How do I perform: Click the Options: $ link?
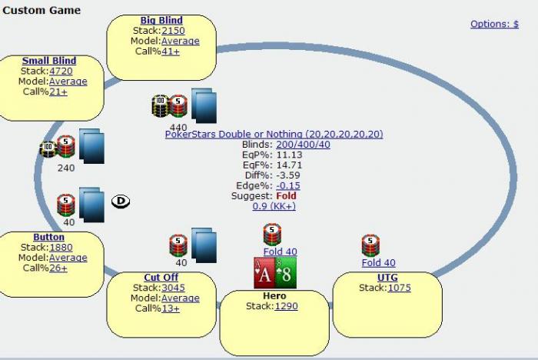click(494, 24)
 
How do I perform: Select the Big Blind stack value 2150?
click(173, 31)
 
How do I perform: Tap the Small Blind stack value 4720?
click(61, 71)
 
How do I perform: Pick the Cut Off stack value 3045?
click(173, 288)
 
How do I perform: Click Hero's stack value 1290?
click(286, 306)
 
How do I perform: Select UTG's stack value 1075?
click(399, 288)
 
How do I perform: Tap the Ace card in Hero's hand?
click(265, 273)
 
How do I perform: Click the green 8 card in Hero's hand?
click(286, 273)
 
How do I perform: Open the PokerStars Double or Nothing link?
click(274, 134)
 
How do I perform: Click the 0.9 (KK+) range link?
click(274, 206)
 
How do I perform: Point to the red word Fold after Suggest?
click(286, 196)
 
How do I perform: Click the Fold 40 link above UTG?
click(378, 263)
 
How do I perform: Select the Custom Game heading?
click(41, 10)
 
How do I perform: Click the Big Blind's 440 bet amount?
click(178, 127)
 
